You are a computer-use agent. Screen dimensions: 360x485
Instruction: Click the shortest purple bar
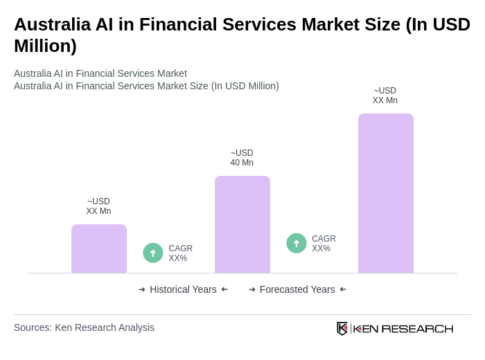click(x=99, y=249)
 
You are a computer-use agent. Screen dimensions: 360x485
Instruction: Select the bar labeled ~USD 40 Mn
click(x=242, y=224)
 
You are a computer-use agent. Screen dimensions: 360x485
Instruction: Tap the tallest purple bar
click(x=386, y=193)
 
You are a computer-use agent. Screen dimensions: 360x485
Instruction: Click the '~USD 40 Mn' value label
click(x=242, y=158)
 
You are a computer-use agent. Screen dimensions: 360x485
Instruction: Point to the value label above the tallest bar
click(x=385, y=96)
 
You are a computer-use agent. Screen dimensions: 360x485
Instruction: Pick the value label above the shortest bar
click(x=98, y=206)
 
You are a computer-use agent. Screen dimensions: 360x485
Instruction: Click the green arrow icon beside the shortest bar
click(x=153, y=253)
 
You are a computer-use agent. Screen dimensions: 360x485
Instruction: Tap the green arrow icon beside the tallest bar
click(x=297, y=243)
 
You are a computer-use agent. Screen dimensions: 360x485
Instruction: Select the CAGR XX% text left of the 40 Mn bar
click(x=180, y=253)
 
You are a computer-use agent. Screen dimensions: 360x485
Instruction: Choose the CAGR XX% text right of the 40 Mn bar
click(x=324, y=244)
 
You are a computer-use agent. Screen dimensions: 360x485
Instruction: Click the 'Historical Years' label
click(x=183, y=289)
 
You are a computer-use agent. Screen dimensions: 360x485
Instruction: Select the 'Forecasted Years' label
click(x=297, y=289)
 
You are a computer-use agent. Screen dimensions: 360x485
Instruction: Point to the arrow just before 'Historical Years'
click(x=142, y=289)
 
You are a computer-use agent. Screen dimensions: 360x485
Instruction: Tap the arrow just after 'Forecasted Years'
click(x=343, y=289)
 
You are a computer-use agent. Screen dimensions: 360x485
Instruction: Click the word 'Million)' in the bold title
click(x=45, y=46)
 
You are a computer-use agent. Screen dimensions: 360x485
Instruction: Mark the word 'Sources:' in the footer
click(x=33, y=327)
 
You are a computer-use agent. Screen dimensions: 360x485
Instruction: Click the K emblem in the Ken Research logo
click(x=342, y=328)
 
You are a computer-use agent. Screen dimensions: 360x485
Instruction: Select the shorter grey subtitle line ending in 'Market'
click(x=100, y=73)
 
